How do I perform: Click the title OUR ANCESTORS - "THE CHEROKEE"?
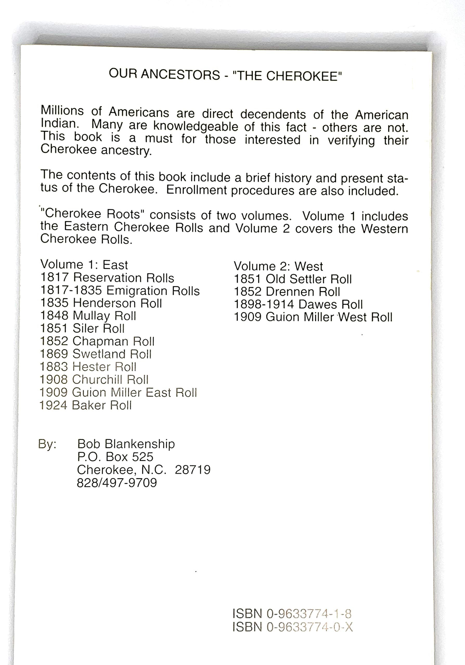pos(225,75)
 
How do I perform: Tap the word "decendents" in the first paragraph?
pos(273,114)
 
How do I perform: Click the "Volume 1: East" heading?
pos(84,265)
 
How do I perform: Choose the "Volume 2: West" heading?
pos(278,266)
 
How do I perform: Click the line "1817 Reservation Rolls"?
pos(107,278)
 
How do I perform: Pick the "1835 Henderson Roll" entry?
pos(101,303)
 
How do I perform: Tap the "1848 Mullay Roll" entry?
pos(88,316)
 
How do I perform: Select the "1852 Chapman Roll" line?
pos(97,341)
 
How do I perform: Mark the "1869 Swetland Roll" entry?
pos(96,354)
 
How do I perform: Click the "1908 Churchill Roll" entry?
pos(94,380)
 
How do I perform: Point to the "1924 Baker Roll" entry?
pos(86,405)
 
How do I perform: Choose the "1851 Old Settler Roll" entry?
pos(293,279)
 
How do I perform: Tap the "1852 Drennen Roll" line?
pos(287,292)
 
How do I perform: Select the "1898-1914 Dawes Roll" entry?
pos(298,304)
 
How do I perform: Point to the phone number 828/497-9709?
pos(117,483)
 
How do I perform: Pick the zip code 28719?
pos(193,470)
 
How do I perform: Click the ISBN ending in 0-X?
pos(293,627)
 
